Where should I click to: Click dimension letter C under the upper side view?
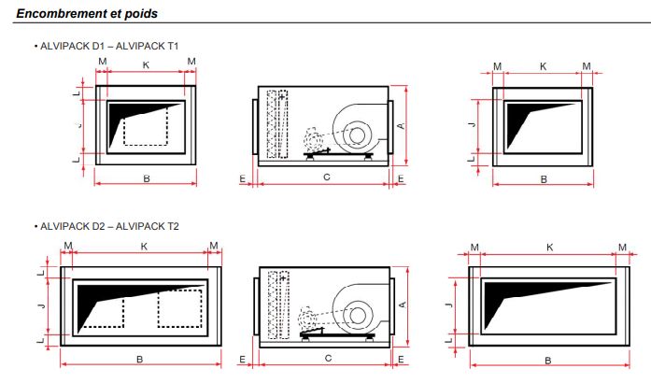coord(326,177)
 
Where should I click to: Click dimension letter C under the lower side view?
coord(326,358)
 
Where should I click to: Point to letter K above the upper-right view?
coord(543,66)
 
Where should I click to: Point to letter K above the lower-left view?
coord(143,246)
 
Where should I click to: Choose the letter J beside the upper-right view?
coord(473,124)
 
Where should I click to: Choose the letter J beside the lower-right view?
coord(449,305)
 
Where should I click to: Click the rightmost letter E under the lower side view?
coord(400,358)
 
